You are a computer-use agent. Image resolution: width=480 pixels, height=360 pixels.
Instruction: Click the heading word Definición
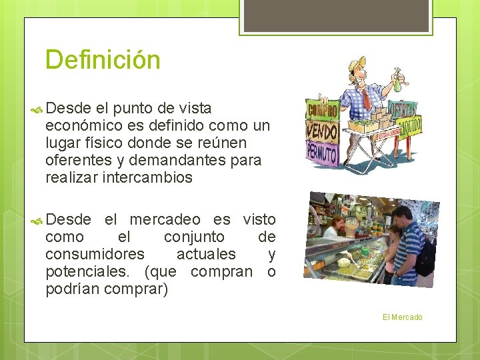[103, 60]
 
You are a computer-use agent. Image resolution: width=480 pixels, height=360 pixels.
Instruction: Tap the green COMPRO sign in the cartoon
[322, 109]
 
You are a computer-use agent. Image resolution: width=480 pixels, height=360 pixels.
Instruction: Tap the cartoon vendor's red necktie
[366, 99]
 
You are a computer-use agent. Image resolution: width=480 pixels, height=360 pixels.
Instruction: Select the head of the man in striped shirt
[401, 217]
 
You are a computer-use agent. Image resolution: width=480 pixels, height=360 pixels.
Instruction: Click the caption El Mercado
[402, 317]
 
